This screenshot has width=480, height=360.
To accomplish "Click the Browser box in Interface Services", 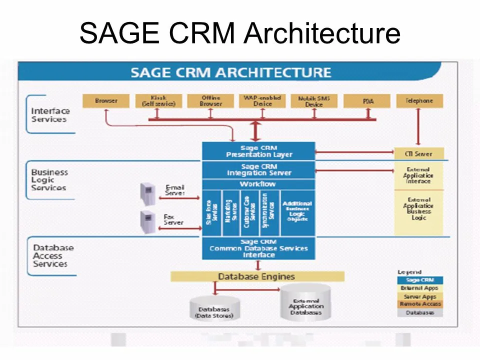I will pos(106,101).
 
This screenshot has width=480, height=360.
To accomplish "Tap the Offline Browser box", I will pos(210,101).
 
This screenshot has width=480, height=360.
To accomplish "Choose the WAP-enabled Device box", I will pos(262,101).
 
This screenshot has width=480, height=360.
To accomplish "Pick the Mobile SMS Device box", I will pos(314,101).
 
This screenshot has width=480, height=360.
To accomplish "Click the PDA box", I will pos(367,101).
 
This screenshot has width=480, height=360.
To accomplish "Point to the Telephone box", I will pos(419,101).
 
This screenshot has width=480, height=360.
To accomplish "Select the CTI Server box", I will pos(419,153).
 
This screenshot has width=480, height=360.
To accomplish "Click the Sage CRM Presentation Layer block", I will pos(258,151).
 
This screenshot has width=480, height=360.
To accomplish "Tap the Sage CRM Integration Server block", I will pos(258,170).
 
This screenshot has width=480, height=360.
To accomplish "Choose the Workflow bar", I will pos(258,184).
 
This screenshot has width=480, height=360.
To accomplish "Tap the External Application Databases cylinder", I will pos(306,303).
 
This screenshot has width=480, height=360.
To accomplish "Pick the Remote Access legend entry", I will pos(420,304).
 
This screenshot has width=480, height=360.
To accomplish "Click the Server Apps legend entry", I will pos(420,296).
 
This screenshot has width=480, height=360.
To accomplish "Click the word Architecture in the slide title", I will pos(322,34).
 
